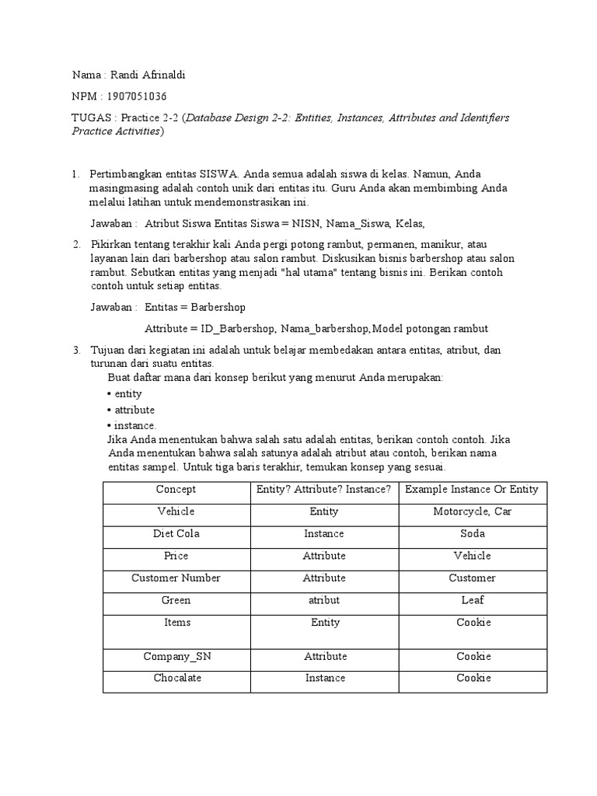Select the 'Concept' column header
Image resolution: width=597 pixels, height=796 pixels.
(x=176, y=490)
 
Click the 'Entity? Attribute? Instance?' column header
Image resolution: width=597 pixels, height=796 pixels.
(x=324, y=490)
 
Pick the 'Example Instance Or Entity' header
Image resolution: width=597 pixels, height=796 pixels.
(x=472, y=490)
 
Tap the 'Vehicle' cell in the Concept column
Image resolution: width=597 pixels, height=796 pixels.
(x=176, y=511)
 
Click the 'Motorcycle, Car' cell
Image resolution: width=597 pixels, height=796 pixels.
(x=472, y=511)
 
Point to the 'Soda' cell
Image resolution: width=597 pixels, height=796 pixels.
(x=472, y=534)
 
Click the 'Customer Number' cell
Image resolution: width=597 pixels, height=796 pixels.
(x=176, y=578)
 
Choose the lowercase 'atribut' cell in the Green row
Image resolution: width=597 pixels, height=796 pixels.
(x=324, y=600)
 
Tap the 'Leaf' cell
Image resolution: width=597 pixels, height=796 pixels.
(x=472, y=600)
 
